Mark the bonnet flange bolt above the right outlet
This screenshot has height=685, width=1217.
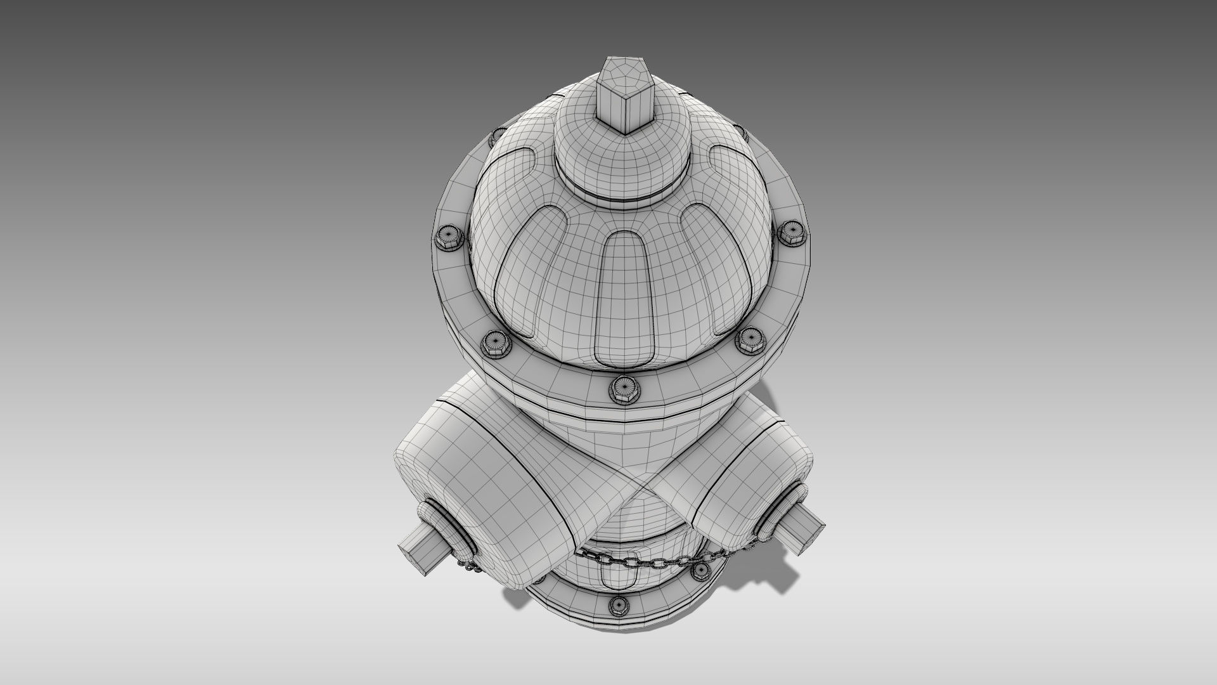[750, 341]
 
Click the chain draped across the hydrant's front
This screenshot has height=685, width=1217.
[647, 559]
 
